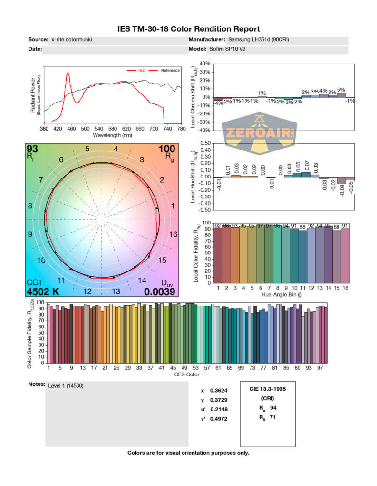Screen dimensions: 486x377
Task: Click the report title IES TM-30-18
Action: (x=188, y=29)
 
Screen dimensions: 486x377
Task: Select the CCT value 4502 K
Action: (x=42, y=291)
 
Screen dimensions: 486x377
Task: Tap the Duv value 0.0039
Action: (x=160, y=291)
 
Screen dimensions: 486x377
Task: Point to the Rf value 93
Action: (x=32, y=149)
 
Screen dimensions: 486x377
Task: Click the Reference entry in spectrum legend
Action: (x=170, y=71)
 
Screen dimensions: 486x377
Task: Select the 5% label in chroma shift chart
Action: (x=341, y=90)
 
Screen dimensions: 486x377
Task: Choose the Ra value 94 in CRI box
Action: (x=273, y=408)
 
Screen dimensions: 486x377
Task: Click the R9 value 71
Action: (x=273, y=417)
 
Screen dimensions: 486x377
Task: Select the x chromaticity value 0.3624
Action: (x=218, y=391)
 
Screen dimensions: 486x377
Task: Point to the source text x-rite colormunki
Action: (x=71, y=40)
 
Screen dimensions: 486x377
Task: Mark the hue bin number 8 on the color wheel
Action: (x=30, y=206)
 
